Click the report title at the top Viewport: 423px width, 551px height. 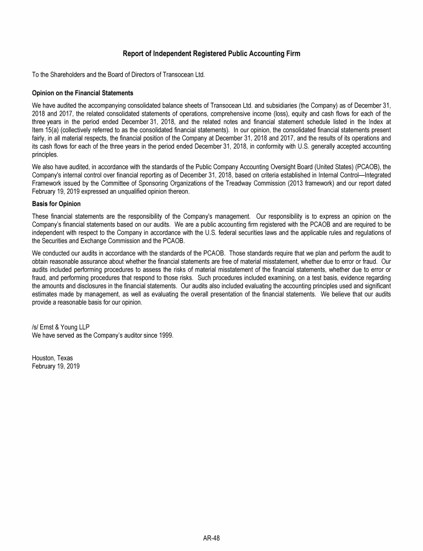click(x=211, y=53)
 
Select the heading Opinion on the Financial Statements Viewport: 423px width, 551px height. click(x=83, y=93)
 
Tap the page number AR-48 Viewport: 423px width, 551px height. click(x=211, y=538)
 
